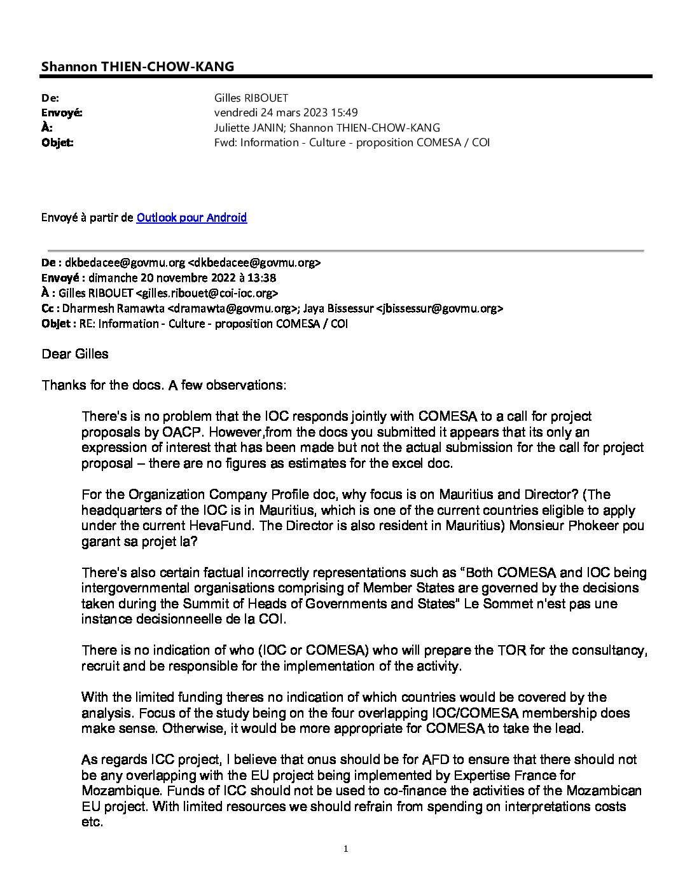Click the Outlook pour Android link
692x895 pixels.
pos(191,218)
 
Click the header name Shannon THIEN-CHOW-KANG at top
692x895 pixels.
pos(137,67)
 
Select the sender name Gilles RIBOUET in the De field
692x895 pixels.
pos(252,98)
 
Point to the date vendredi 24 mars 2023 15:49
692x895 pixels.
pos(286,113)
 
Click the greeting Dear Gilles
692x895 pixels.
pos(75,354)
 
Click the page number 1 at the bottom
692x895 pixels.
pos(346,849)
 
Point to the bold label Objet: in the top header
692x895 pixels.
pos(57,142)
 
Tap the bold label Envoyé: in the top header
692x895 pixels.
pos(62,113)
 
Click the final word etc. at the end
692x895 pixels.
pos(92,822)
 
